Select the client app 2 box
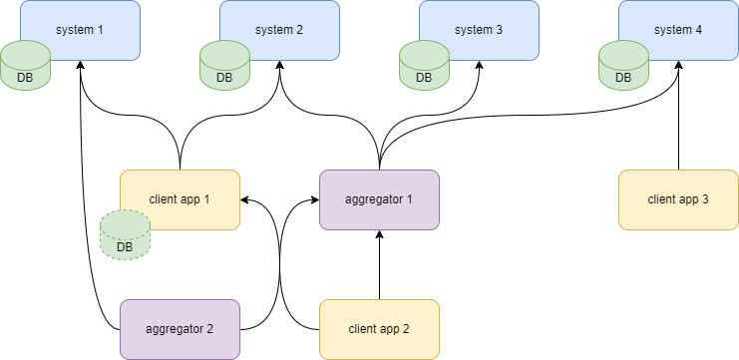(379, 329)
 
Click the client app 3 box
(678, 199)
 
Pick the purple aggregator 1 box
(379, 199)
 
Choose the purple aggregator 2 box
(180, 329)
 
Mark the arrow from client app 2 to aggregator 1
(379, 264)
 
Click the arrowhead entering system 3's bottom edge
(479, 66)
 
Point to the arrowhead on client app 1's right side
(245, 199)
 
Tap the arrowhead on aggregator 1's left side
(313, 199)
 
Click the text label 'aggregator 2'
(180, 328)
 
